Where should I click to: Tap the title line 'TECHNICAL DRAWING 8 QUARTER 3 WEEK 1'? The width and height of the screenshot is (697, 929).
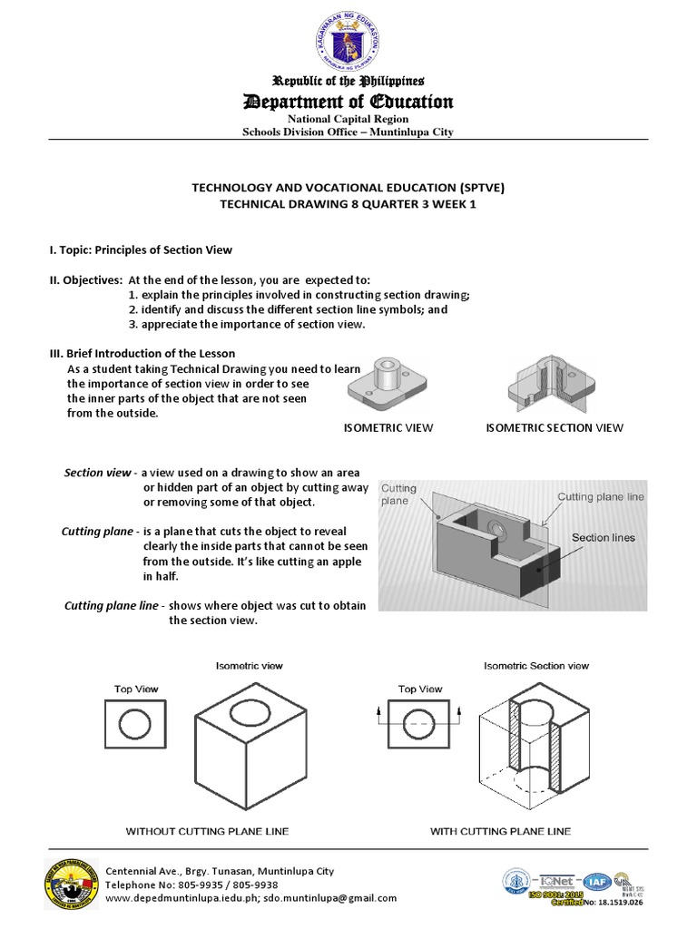coord(348,204)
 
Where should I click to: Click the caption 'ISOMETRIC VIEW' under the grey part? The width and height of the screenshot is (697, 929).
coord(388,428)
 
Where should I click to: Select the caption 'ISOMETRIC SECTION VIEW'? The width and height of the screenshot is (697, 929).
coord(555,428)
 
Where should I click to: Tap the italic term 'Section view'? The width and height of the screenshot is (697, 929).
coord(97,473)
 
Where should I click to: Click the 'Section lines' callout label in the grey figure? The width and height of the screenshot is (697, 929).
coord(603,537)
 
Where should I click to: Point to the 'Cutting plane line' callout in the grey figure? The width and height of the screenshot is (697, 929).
coord(600,496)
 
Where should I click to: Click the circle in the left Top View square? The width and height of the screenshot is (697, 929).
coord(135,725)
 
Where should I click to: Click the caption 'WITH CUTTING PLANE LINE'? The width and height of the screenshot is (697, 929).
coord(501,831)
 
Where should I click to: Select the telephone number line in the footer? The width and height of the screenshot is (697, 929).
coord(192,885)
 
